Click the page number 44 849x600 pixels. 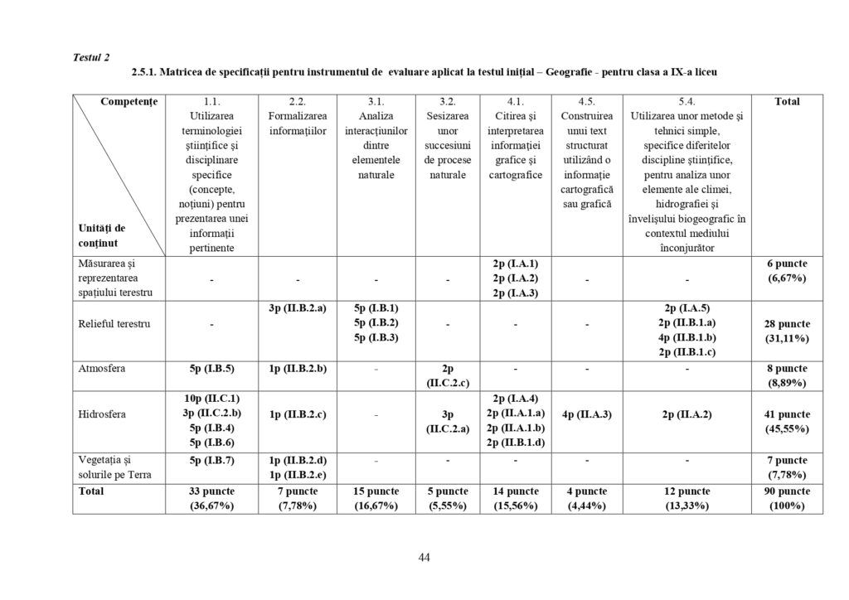(x=424, y=557)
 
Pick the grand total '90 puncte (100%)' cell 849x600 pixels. (x=787, y=498)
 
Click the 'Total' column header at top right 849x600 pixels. (x=787, y=101)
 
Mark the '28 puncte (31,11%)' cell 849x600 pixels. (x=787, y=331)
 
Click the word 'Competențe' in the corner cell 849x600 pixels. (x=129, y=101)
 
